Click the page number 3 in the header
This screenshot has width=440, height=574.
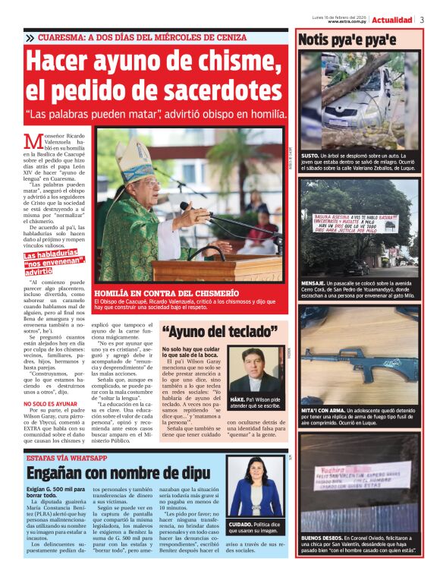coord(422,19)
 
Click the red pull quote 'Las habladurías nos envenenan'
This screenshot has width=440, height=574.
coord(53,263)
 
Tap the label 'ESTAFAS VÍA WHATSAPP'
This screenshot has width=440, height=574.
coord(67,459)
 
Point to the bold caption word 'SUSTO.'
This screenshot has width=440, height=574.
coord(310,153)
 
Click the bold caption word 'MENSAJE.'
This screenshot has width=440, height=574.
coord(315,282)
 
